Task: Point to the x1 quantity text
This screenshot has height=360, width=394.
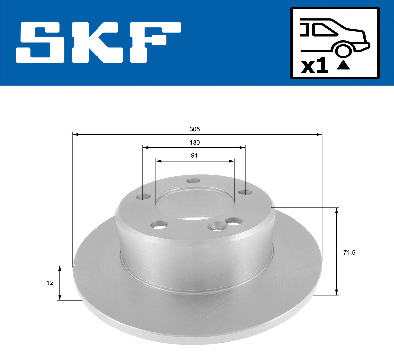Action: pos(315,67)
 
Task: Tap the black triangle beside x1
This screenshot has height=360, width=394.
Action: pos(343,65)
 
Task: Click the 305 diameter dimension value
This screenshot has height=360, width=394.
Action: pos(194,129)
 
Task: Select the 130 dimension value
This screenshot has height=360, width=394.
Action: pos(194,142)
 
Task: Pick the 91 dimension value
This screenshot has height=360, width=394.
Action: pos(194,155)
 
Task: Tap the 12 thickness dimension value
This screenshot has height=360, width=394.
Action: pos(50,282)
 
